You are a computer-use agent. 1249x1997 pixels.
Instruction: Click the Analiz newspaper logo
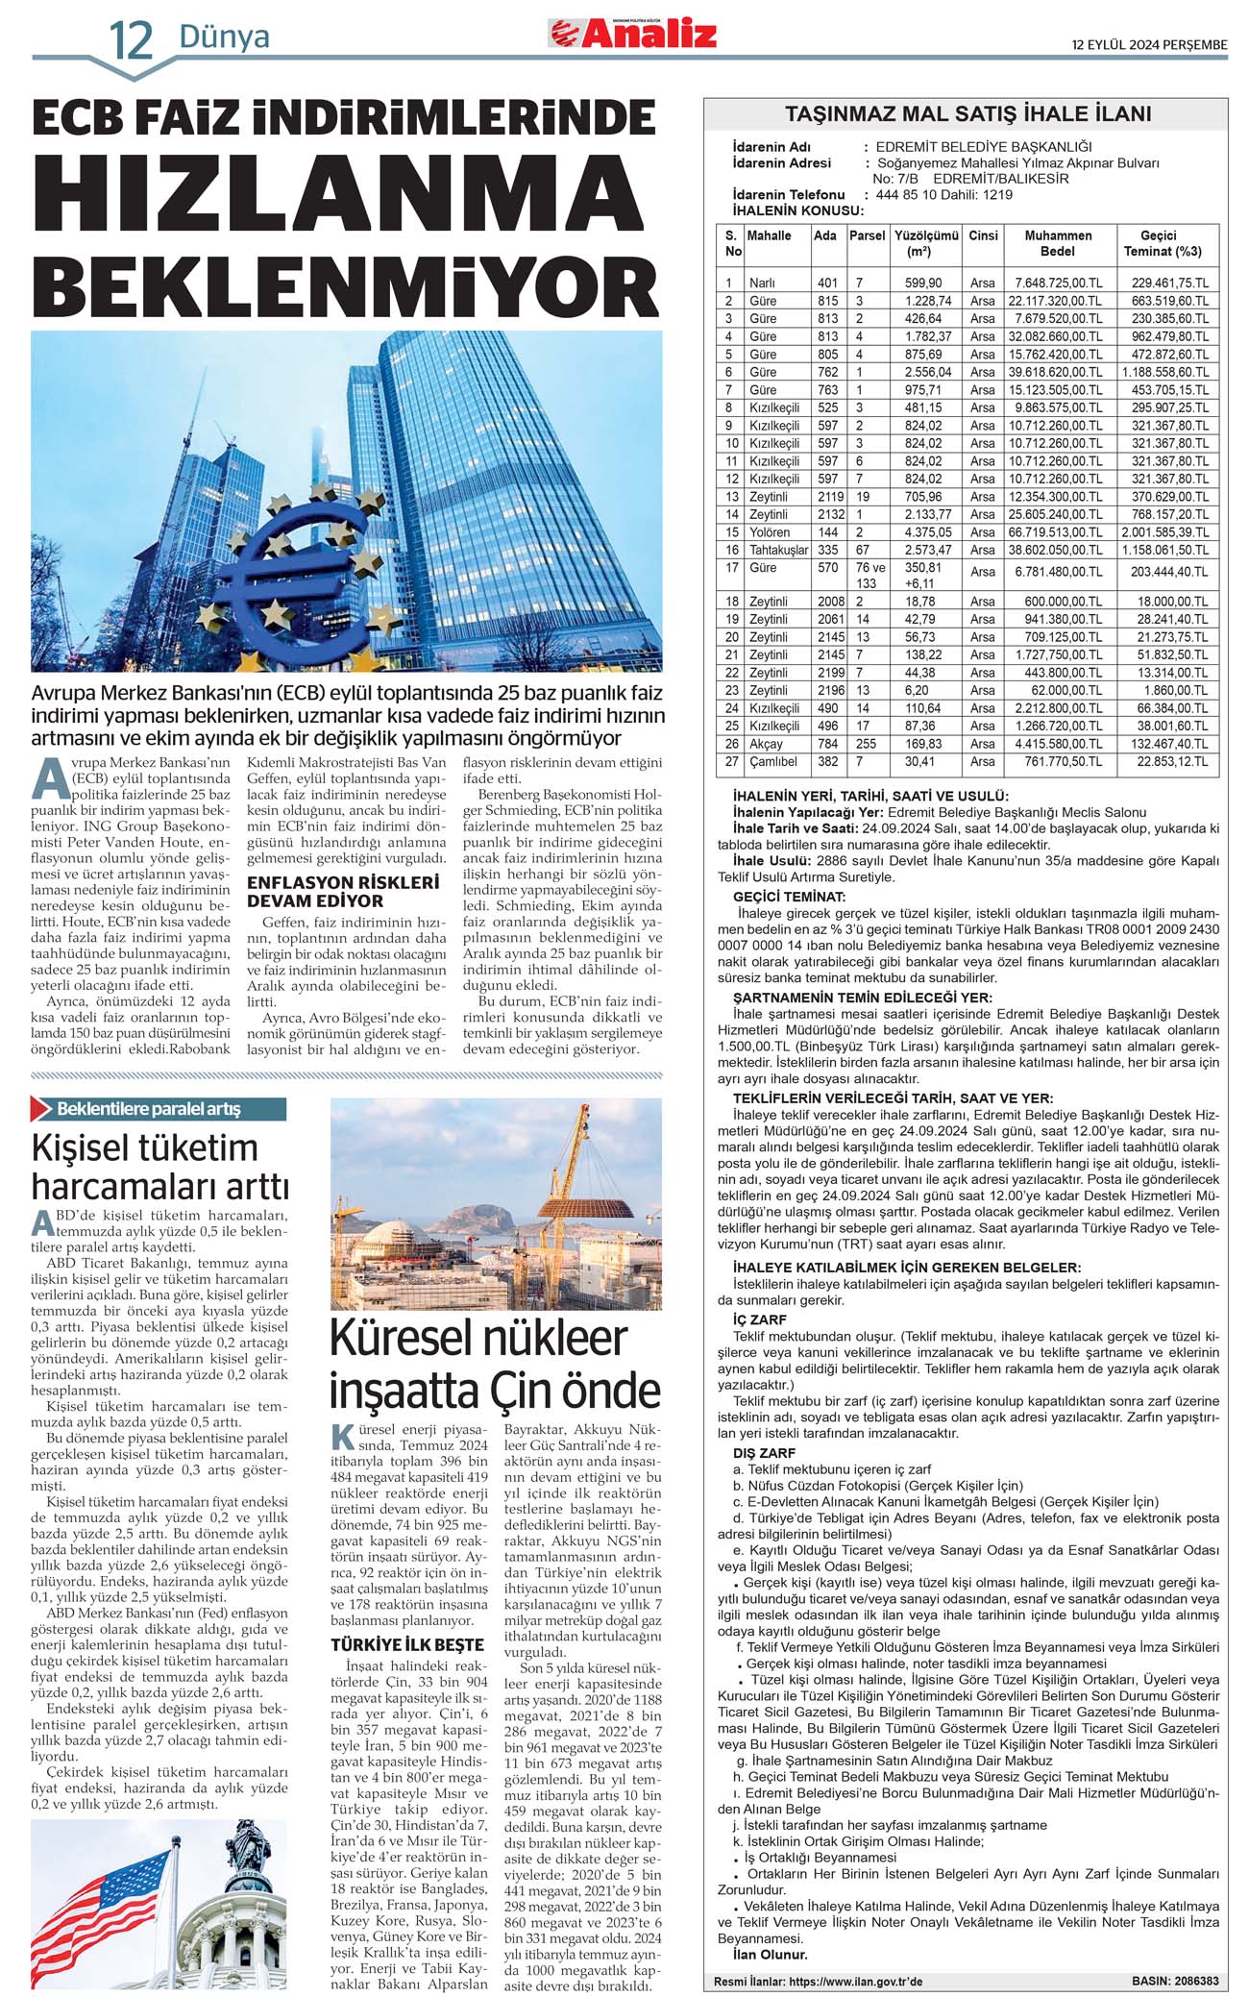pos(633,34)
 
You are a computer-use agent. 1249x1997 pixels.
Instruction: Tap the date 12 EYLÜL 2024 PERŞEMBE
pos(1149,44)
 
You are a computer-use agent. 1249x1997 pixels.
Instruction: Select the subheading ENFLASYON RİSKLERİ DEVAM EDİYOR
pos(342,891)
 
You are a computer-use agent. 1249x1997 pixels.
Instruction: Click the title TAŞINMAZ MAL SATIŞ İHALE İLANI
pos(967,114)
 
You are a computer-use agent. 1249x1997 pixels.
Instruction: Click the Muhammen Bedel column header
pos(1058,243)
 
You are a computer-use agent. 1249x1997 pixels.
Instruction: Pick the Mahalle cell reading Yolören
pos(770,532)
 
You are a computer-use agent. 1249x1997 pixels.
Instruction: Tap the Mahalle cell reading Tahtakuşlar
pos(778,550)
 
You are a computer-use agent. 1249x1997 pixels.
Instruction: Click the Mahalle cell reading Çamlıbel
pos(773,761)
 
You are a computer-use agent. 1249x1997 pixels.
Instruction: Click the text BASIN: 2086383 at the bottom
pos(1174,1981)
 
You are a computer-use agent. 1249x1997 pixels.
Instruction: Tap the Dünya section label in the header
pos(224,37)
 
